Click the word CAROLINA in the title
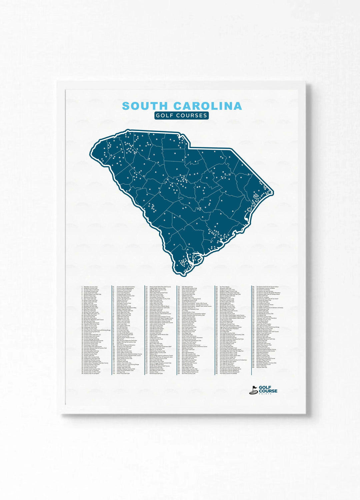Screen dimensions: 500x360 207,106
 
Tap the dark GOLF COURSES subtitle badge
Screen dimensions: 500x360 182,115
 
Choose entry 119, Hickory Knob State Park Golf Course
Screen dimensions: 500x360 160,287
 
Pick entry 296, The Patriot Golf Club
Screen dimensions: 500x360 267,287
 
